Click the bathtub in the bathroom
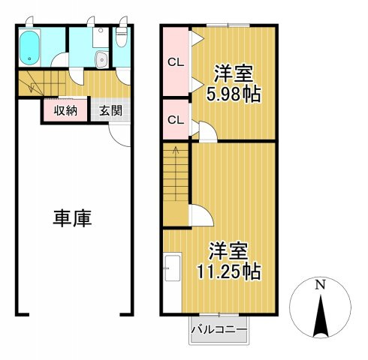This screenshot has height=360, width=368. coord(30,48)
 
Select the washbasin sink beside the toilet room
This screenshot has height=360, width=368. coord(101,59)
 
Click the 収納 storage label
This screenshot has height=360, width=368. coord(65,110)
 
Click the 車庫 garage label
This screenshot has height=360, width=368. coord(72,218)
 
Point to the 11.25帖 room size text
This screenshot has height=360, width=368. coord(230,271)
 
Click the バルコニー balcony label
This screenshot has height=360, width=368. coord(219,328)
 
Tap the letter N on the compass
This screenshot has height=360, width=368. coord(320,285)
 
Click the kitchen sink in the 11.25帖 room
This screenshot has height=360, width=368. coord(170,267)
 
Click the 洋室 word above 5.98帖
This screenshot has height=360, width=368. coord(234,74)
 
